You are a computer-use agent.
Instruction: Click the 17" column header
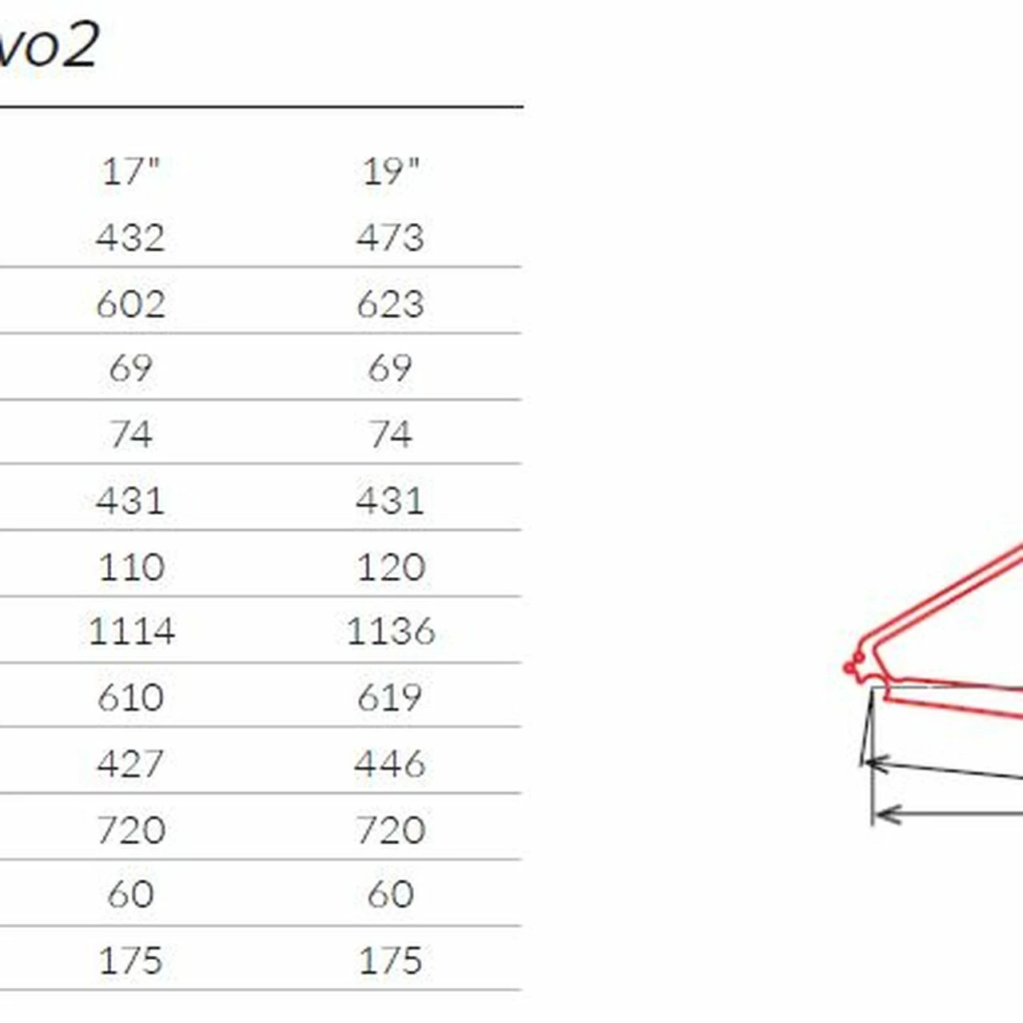coord(130,172)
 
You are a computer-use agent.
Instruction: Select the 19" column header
coord(391,172)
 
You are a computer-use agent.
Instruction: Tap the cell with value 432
coord(130,237)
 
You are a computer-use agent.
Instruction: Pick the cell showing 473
coord(390,237)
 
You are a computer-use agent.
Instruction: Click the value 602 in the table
coord(130,305)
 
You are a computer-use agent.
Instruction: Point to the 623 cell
coord(390,305)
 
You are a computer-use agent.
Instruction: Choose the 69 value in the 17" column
coord(130,368)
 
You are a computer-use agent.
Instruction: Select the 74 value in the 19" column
coord(390,434)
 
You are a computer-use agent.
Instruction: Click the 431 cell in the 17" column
coord(130,500)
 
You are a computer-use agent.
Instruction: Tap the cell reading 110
coord(132,567)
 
